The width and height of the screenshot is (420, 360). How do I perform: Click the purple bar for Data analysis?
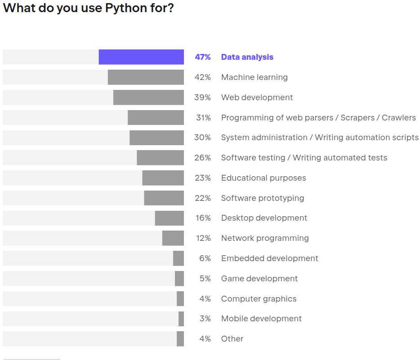coord(141,57)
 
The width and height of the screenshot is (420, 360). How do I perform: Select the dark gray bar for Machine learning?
coord(146,77)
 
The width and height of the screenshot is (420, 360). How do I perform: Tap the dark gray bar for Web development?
coord(148,98)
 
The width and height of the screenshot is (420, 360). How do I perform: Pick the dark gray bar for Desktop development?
coord(170,218)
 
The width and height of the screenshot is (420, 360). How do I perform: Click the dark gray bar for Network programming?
coord(173,238)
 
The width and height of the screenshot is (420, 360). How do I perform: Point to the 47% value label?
coord(202,57)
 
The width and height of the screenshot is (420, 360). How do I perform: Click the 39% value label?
coord(202,98)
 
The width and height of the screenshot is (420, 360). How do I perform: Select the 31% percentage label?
coord(203,118)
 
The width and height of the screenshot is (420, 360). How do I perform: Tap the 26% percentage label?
coord(202,158)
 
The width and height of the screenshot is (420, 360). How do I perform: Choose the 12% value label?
coord(203,238)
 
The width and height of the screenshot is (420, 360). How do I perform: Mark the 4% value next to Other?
coord(205,339)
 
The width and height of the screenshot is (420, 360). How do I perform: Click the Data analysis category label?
coord(247,57)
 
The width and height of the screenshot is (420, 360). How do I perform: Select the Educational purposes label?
coord(264,178)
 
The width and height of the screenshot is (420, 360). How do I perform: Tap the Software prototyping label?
coord(263,198)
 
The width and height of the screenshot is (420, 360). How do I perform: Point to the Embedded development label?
coord(269,258)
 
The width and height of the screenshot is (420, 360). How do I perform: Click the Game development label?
coord(259,279)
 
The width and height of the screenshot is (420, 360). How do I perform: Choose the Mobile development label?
coord(261,319)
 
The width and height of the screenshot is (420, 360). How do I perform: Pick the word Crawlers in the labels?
coord(399,118)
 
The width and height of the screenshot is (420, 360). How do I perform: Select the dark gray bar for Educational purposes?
coord(163,178)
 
